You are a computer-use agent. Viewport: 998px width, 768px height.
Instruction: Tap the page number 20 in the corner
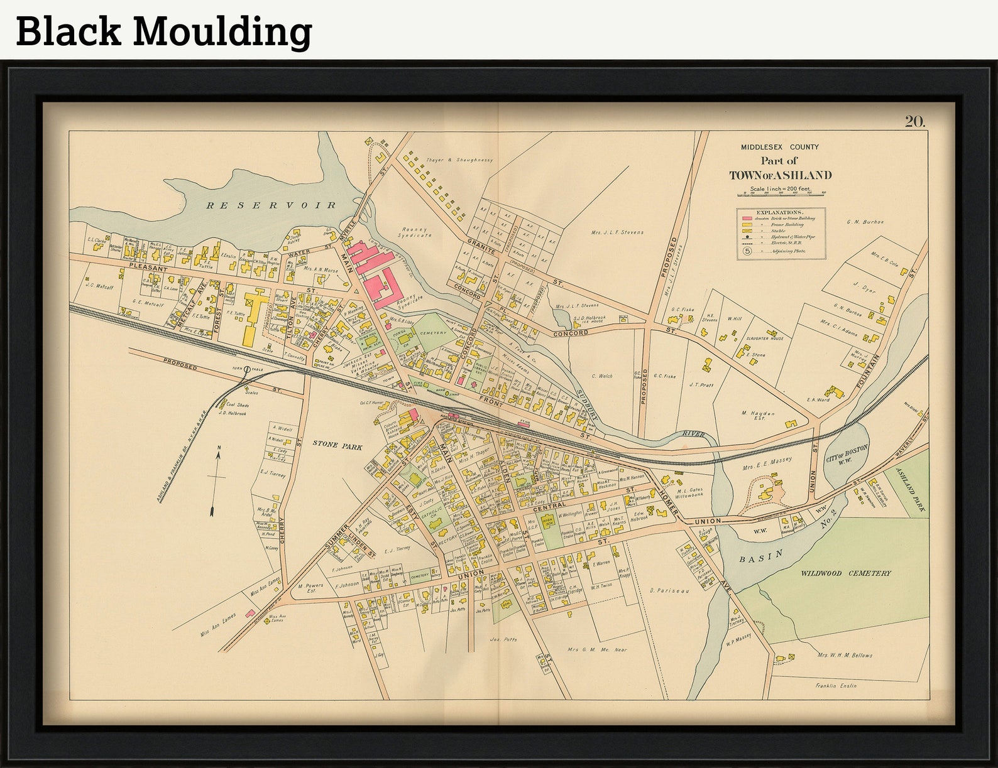[x=915, y=122]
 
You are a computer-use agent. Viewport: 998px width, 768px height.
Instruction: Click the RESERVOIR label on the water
[x=272, y=205]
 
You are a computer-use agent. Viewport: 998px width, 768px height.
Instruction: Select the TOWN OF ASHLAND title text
[x=780, y=175]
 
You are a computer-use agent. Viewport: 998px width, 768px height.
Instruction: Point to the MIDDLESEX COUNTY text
[x=779, y=147]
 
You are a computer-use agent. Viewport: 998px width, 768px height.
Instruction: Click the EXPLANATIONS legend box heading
[x=780, y=212]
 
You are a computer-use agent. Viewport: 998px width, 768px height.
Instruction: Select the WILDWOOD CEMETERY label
[x=845, y=573]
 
